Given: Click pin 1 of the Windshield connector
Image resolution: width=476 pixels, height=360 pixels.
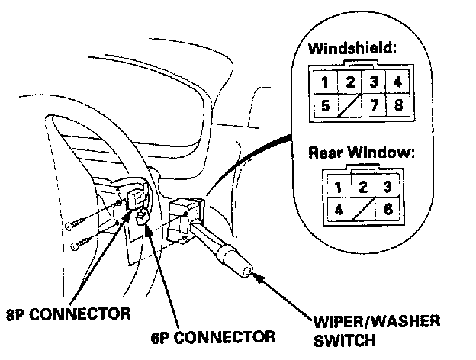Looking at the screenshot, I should click(326, 82).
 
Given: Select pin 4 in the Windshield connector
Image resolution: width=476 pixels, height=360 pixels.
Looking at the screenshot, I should click(397, 82).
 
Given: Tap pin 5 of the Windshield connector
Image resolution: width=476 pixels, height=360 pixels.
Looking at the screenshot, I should click(326, 107).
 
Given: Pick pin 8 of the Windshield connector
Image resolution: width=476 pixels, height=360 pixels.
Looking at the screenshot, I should click(397, 106).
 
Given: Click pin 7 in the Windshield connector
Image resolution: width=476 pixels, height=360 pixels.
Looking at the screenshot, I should click(373, 106).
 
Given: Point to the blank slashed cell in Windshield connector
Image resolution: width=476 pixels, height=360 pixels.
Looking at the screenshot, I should click(349, 106).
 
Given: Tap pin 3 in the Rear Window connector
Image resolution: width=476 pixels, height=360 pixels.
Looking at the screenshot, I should click(388, 185).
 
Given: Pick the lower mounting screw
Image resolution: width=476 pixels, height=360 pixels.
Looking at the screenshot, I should click(80, 245).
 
